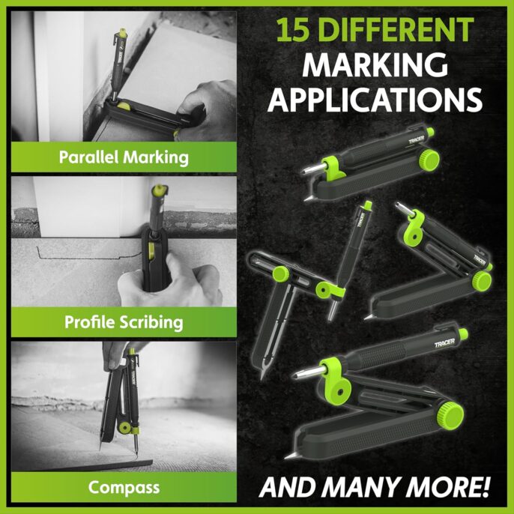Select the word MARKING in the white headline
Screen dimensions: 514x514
point(375,64)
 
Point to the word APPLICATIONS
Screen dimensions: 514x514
point(375,100)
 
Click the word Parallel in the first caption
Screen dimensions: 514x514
point(88,157)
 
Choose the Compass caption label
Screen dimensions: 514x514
point(124,488)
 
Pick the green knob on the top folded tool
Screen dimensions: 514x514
point(429,160)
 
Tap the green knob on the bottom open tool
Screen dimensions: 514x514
point(450,415)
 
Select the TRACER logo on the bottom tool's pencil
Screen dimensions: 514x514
point(444,343)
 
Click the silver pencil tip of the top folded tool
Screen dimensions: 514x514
point(312,169)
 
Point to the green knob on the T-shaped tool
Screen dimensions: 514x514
point(280,274)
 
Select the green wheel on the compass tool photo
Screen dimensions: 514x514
point(124,427)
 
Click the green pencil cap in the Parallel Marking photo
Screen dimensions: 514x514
point(123,33)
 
